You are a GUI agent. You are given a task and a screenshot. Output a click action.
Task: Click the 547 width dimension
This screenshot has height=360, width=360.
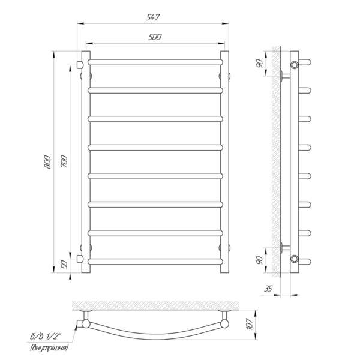152,17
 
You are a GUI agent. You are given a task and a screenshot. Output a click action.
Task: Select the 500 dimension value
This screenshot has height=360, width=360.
155,37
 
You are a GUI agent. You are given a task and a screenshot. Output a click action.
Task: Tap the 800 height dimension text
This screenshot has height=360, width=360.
47,162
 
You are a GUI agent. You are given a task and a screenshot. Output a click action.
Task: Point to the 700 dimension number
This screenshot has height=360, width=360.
64,161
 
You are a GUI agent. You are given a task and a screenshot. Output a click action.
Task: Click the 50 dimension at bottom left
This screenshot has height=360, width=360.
65,265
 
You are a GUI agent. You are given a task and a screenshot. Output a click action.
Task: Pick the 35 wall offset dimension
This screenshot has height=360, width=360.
268,289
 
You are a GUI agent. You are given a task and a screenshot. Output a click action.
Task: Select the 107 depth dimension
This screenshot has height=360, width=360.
250,324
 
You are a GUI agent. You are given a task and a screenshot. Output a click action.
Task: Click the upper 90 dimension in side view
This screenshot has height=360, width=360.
260,64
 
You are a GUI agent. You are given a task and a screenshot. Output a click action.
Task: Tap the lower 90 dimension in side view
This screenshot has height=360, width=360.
260,260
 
